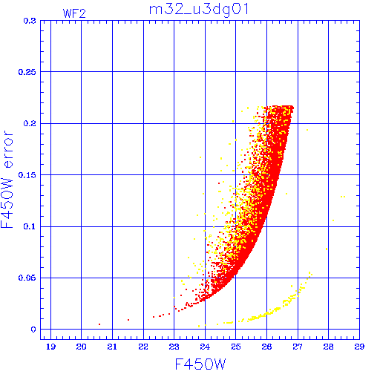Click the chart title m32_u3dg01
[199, 10]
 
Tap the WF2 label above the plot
[74, 13]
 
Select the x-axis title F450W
[200, 364]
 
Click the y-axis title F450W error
[7, 180]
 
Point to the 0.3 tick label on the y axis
[30, 21]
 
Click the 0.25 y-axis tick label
[27, 72]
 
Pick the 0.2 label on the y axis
[30, 123]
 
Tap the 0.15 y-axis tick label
[27, 175]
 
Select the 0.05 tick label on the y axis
[27, 278]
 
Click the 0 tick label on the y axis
[33, 330]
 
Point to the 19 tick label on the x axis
[50, 347]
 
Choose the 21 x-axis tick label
[112, 347]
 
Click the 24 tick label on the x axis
[205, 347]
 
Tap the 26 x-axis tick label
[266, 347]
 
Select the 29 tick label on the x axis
[359, 347]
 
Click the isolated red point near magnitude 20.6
[99, 324]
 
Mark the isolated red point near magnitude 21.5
[128, 320]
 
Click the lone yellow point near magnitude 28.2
[333, 220]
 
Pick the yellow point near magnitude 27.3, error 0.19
[307, 130]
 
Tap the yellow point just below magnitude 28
[327, 249]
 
